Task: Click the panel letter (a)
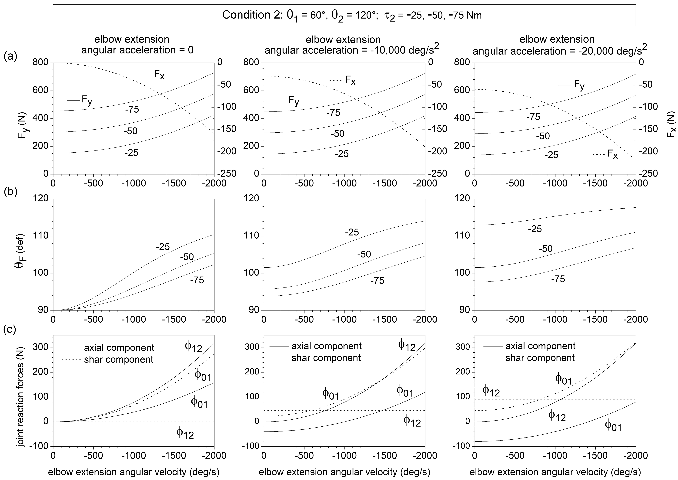(x=10, y=56)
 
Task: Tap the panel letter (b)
(x=10, y=192)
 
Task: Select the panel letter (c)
(x=10, y=329)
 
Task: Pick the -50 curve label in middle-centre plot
(x=364, y=254)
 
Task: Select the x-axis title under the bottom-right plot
(x=555, y=472)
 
